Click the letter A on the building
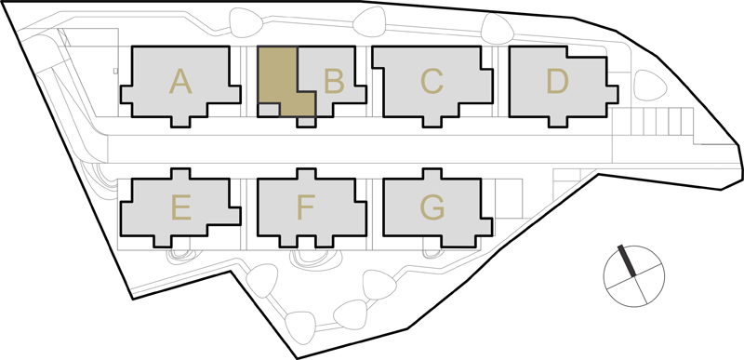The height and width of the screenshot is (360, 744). click(x=180, y=81)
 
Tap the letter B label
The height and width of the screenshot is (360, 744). click(x=334, y=81)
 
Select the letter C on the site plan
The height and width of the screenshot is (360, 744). click(x=432, y=81)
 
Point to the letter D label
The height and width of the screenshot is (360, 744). click(x=557, y=81)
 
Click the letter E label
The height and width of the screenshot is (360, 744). click(x=181, y=207)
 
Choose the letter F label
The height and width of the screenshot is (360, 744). click(x=306, y=207)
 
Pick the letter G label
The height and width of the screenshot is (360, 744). click(x=432, y=207)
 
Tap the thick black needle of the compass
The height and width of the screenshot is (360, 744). click(x=626, y=260)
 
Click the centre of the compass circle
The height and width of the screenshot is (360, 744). click(x=634, y=275)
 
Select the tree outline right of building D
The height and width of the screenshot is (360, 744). click(x=650, y=85)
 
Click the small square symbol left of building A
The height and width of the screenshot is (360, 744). click(x=115, y=71)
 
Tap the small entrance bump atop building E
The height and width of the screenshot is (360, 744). click(x=180, y=174)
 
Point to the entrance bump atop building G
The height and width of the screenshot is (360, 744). click(x=432, y=174)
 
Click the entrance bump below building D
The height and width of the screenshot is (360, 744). click(x=557, y=122)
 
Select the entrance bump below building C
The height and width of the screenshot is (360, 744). click(x=432, y=122)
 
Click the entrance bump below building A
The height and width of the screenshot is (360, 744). click(x=180, y=122)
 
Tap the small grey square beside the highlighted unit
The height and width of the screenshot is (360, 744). click(x=269, y=110)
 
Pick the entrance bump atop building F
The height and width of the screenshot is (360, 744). click(x=306, y=174)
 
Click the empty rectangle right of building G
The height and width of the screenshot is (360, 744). click(x=509, y=198)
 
